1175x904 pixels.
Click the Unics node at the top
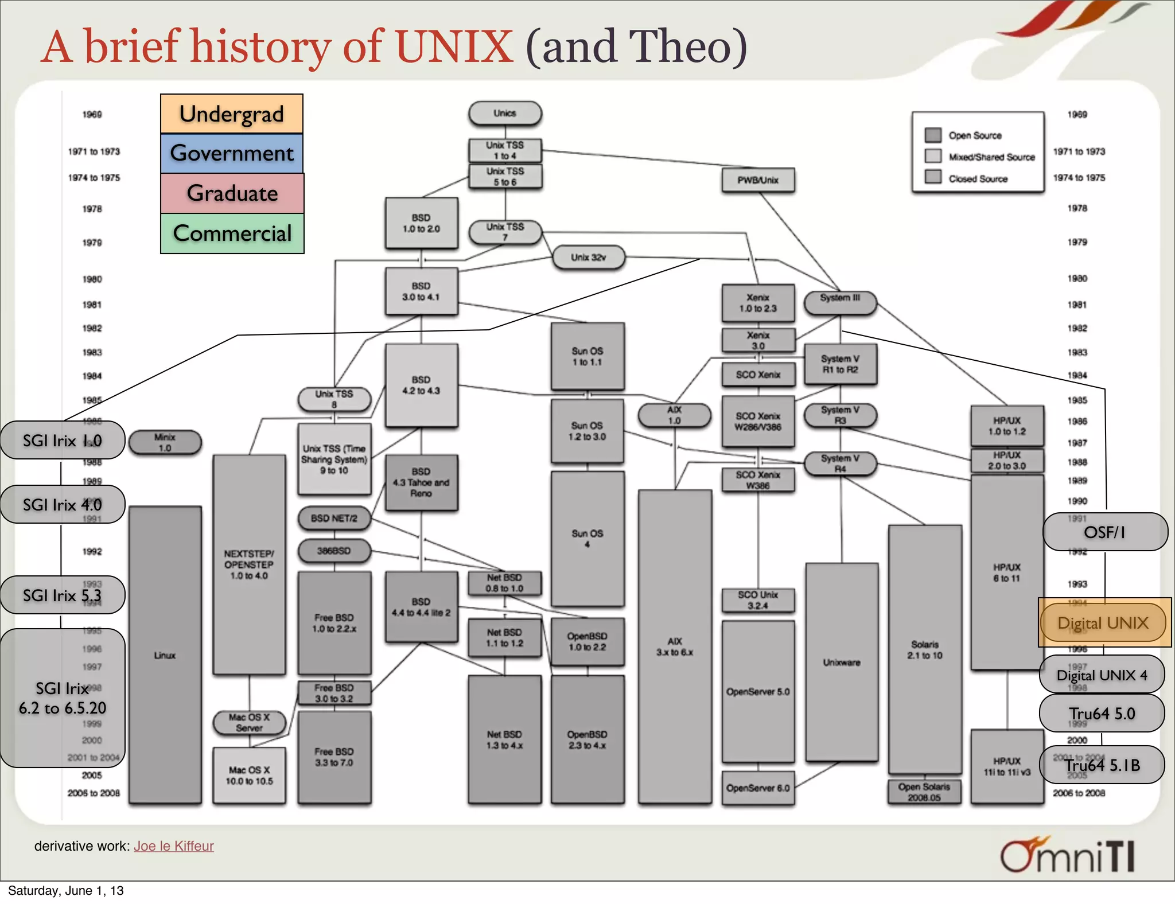pyautogui.click(x=505, y=114)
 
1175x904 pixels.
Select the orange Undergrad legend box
pyautogui.click(x=232, y=114)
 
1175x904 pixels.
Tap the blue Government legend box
pyautogui.click(x=232, y=153)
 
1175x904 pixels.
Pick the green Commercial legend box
pyautogui.click(x=232, y=233)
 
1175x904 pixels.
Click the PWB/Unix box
pyautogui.click(x=758, y=180)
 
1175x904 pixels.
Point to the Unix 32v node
pyautogui.click(x=588, y=258)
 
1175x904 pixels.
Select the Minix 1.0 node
pyautogui.click(x=165, y=442)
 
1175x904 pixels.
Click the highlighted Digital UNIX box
pyautogui.click(x=1103, y=623)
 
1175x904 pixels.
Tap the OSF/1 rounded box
pyautogui.click(x=1104, y=532)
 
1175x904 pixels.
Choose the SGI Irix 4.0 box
pyautogui.click(x=62, y=505)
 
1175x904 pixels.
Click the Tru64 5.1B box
pyautogui.click(x=1102, y=765)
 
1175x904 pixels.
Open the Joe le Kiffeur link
pyautogui.click(x=174, y=846)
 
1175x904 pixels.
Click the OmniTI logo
pyautogui.click(x=1067, y=855)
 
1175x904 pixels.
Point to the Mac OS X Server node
pyautogui.click(x=249, y=723)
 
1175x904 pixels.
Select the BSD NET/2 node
pyautogui.click(x=334, y=519)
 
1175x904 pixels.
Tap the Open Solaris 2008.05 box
pyautogui.click(x=924, y=792)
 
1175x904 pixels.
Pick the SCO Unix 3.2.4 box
pyautogui.click(x=758, y=600)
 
